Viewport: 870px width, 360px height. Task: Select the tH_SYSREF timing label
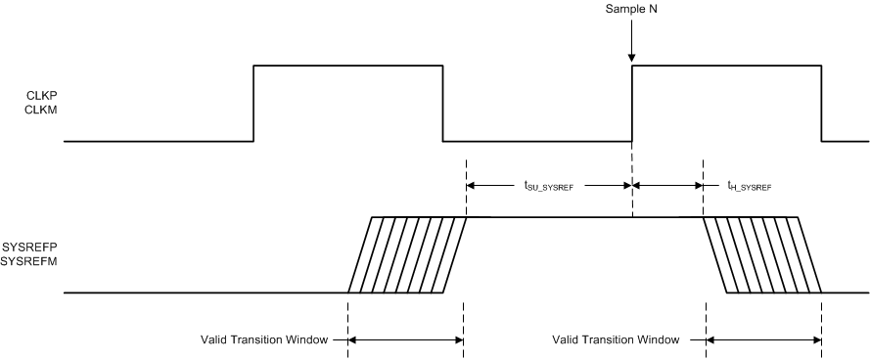coord(749,183)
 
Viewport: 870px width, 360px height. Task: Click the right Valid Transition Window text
coord(616,340)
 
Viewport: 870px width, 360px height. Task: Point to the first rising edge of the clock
coord(254,104)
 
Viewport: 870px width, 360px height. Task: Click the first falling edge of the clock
coord(443,104)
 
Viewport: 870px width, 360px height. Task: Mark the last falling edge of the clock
coord(821,104)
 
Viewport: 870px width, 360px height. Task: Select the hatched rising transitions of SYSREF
coord(408,254)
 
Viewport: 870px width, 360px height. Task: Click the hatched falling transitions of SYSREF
coord(763,254)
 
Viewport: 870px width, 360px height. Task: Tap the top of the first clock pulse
coord(348,66)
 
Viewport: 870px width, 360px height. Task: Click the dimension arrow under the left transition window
coord(406,340)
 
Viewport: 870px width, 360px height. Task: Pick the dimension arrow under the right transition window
coord(763,340)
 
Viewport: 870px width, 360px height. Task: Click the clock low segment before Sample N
coord(537,142)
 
